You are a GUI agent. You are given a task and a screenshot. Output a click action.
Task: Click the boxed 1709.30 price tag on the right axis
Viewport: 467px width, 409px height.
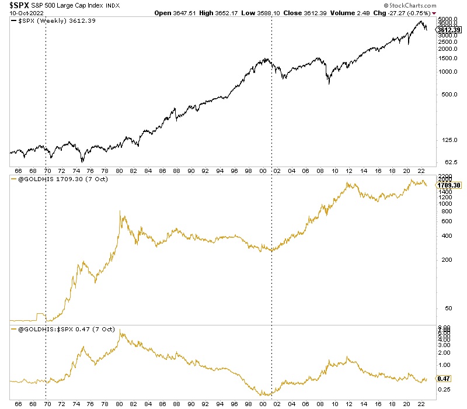point(450,185)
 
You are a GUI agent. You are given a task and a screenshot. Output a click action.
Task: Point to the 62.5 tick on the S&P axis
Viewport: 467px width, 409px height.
point(445,161)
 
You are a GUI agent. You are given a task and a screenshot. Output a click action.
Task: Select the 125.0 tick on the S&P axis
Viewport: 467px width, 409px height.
point(445,139)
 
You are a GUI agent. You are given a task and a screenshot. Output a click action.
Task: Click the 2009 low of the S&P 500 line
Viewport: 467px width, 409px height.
point(329,84)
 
